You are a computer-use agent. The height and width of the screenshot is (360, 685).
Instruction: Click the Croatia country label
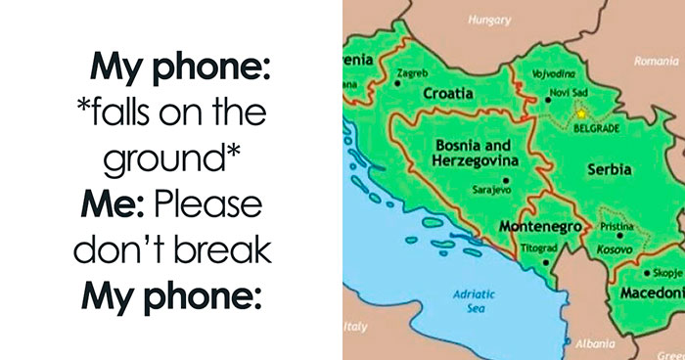pos(448,94)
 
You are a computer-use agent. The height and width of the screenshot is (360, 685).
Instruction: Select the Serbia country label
pos(609,169)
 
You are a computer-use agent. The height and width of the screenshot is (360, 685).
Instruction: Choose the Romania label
pos(655,61)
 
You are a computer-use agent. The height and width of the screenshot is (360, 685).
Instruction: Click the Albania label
pos(597,344)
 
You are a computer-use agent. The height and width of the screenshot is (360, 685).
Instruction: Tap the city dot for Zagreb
pos(396,83)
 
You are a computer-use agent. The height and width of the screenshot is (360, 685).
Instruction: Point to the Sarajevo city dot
pos(506,180)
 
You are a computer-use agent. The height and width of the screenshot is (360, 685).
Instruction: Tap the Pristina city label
pos(618,226)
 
